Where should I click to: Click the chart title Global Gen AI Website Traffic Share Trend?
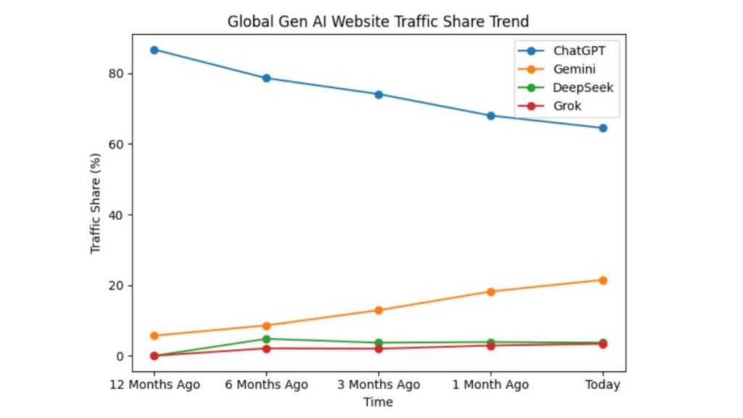coord(378,21)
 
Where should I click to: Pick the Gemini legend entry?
coord(574,70)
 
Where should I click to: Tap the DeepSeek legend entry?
coord(583,88)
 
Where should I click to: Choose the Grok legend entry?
coord(567,107)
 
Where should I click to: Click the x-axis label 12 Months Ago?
coord(154,385)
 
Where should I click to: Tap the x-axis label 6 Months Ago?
coord(266,385)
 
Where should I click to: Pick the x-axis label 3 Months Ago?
coord(378,385)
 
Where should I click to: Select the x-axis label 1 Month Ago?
coord(490,385)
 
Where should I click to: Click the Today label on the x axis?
coord(602,385)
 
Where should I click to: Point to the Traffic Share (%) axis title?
coord(96,203)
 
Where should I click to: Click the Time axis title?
coord(378,402)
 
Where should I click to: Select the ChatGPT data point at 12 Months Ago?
coord(154,49)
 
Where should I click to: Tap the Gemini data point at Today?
coord(602,280)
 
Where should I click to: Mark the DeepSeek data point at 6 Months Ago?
coord(266,339)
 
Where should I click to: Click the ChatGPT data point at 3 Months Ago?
coord(378,94)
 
